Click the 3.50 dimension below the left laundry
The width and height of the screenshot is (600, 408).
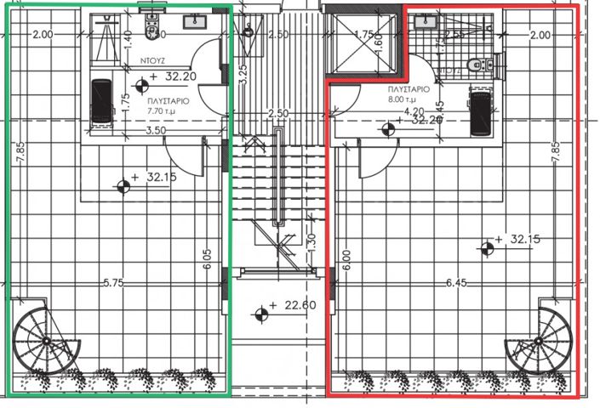click(154, 132)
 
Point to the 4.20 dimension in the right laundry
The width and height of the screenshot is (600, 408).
click(414, 110)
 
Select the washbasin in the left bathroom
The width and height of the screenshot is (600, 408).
click(200, 17)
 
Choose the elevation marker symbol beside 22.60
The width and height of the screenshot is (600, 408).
click(260, 314)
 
